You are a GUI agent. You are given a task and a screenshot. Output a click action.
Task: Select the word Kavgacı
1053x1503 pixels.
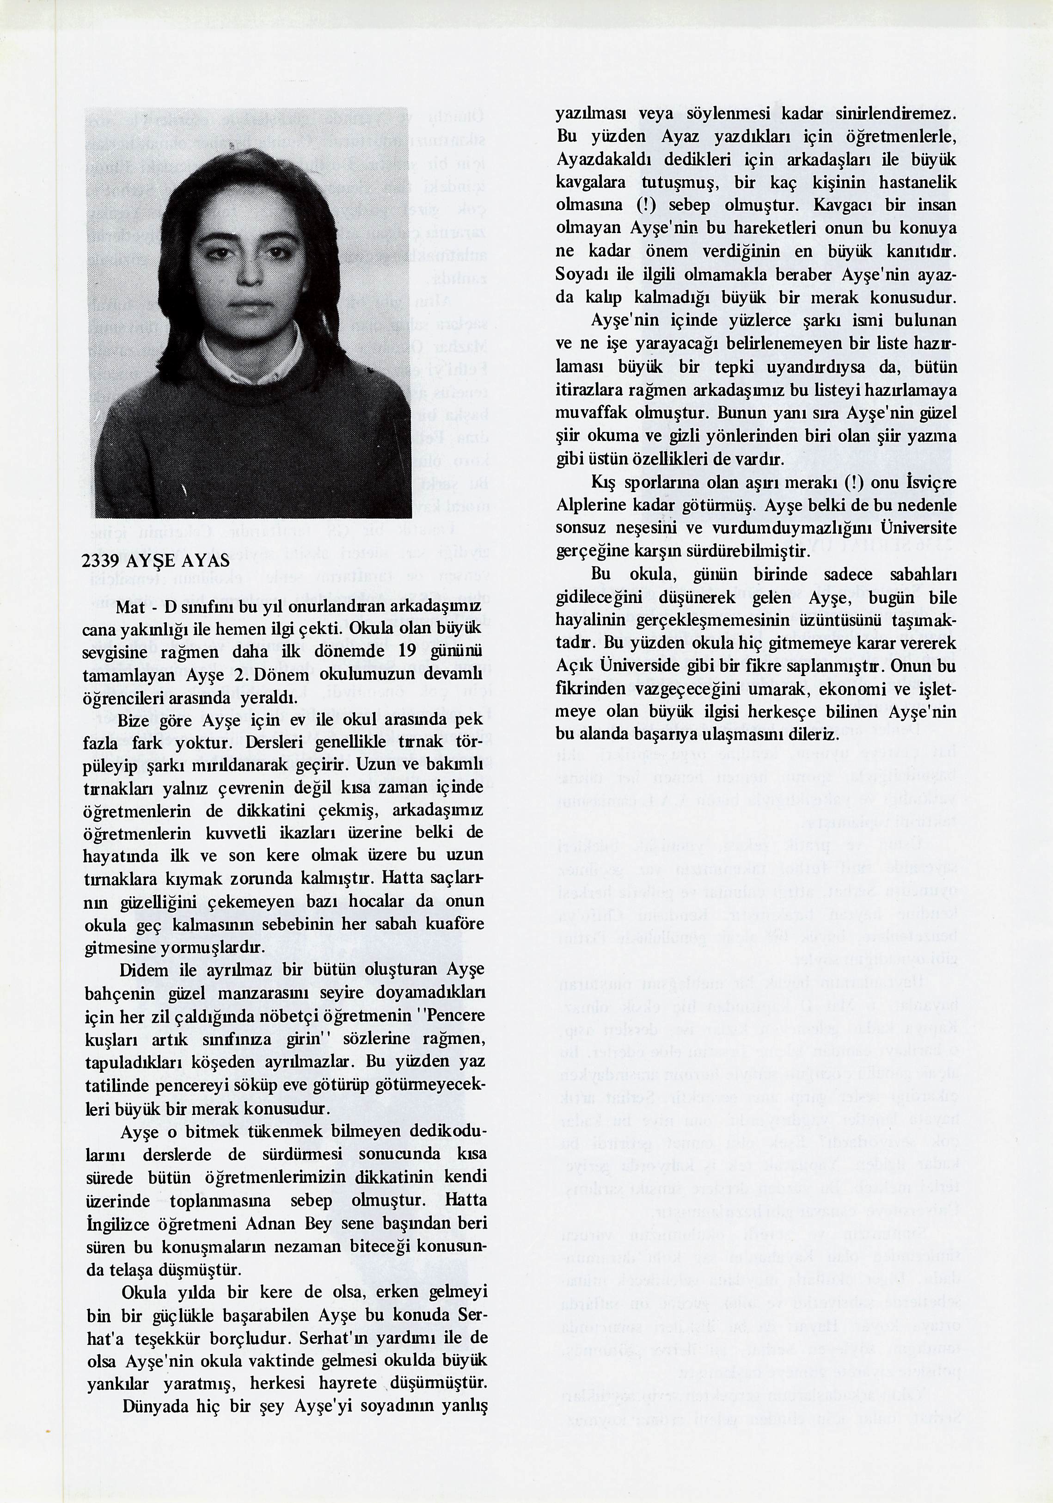tap(841, 205)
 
